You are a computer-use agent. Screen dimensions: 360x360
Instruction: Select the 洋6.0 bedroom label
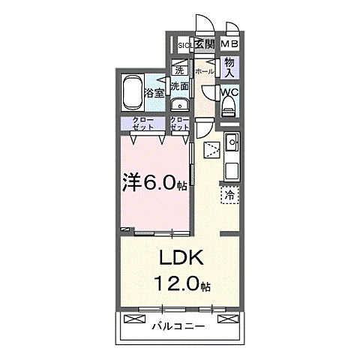click(x=154, y=183)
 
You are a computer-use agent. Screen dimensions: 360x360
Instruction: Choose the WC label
click(x=229, y=94)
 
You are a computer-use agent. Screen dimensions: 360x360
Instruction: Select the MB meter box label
click(x=229, y=45)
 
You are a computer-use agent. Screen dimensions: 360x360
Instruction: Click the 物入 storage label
click(x=229, y=68)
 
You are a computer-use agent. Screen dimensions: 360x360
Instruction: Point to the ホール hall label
click(x=204, y=71)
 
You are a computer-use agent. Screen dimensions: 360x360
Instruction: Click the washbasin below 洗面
click(x=180, y=104)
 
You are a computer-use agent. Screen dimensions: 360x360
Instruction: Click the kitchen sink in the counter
click(x=231, y=141)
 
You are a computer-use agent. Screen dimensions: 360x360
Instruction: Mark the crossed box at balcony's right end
click(x=224, y=319)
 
